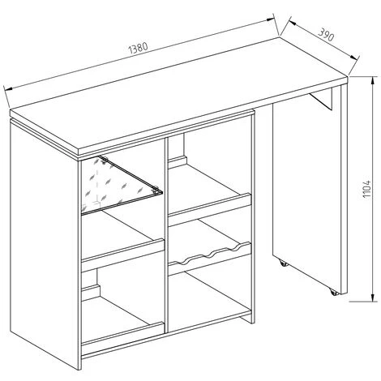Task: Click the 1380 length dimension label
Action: (x=139, y=48)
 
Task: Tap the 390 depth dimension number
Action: (x=326, y=35)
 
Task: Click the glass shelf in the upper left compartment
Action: (x=122, y=185)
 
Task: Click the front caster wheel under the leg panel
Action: (x=334, y=292)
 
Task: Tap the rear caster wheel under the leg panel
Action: (x=283, y=263)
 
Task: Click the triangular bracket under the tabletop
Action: (x=322, y=98)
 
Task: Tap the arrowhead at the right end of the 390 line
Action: (x=354, y=58)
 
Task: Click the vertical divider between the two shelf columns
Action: (x=166, y=235)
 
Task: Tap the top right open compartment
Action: (x=210, y=173)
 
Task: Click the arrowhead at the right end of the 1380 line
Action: (x=271, y=19)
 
